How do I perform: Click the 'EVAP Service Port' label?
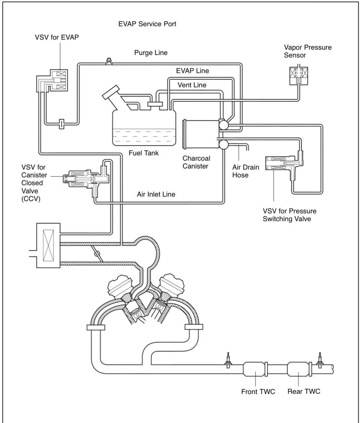pos(147,24)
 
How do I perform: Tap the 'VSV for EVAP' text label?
pos(57,37)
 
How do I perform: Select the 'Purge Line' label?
pos(151,53)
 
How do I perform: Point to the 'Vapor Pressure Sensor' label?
pos(307,51)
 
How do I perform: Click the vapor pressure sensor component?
pos(299,76)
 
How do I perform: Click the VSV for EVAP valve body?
pos(52,80)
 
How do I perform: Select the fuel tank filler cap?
pos(111,92)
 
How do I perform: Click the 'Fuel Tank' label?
pos(144,153)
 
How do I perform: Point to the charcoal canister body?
pos(201,134)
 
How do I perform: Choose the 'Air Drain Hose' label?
pos(246,171)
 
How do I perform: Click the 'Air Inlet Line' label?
pos(156,194)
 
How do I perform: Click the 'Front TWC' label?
pos(258,392)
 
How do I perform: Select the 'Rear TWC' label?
pos(304,391)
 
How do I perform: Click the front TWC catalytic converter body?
pos(254,369)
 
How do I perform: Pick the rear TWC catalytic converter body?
pos(298,369)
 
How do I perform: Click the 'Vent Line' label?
pos(192,85)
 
